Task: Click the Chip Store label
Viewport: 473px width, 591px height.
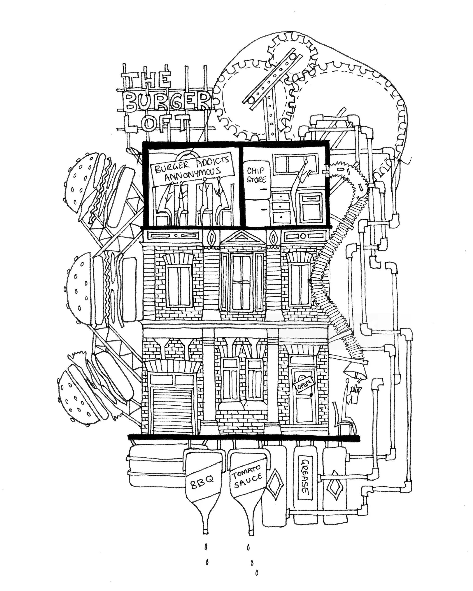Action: pos(256,175)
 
